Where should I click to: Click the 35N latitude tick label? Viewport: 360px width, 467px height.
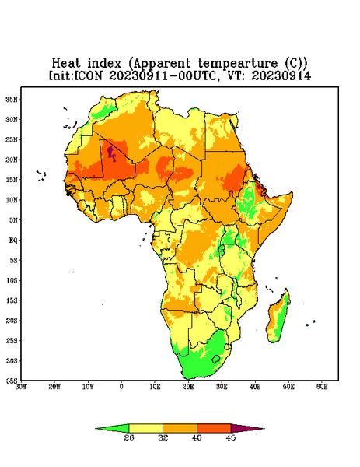tap(12, 99)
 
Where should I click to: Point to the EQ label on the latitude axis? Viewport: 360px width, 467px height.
tap(12, 240)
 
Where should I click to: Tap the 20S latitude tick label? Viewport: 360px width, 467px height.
tap(12, 321)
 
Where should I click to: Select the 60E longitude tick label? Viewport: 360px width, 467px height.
tap(322, 387)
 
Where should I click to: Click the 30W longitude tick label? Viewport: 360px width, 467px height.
tap(21, 387)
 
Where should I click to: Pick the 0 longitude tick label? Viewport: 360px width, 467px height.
tap(121, 387)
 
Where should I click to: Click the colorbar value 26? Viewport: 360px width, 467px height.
tap(129, 437)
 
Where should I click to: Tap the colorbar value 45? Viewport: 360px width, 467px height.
tap(231, 437)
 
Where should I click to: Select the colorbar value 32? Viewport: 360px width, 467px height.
tap(163, 437)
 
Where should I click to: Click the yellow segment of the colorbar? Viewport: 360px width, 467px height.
tap(145, 428)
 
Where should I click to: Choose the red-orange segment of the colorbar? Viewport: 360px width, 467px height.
tap(214, 428)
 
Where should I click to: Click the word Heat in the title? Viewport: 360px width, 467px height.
tap(66, 64)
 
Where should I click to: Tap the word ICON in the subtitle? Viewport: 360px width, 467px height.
tap(88, 75)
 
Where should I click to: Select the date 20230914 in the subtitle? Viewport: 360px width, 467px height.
tap(281, 75)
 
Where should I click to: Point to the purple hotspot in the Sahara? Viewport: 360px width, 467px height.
tap(111, 153)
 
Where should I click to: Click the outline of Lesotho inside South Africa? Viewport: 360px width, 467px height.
tap(216, 359)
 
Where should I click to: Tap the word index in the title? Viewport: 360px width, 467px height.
tap(105, 64)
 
